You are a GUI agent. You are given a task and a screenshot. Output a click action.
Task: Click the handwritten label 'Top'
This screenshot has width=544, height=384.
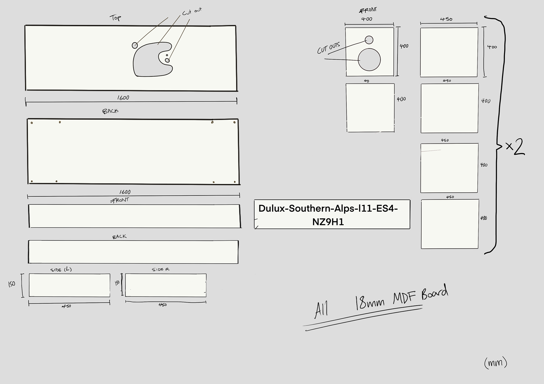115,18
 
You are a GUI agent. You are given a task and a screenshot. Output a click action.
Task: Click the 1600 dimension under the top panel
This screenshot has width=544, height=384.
123,98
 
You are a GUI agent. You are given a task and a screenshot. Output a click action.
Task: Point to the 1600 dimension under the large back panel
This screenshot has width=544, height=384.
125,192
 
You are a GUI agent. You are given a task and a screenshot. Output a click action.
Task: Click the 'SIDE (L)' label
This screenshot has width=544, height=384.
61,269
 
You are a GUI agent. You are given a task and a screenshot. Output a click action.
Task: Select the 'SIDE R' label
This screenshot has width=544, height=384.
160,269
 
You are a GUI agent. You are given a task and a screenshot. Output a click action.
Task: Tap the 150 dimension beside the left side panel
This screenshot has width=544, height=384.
12,284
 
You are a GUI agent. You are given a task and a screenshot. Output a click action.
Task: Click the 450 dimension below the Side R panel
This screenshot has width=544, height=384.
163,305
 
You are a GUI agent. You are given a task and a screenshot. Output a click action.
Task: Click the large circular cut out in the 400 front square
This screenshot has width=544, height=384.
369,59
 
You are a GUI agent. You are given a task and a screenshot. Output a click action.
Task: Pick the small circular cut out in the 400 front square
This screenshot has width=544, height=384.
369,40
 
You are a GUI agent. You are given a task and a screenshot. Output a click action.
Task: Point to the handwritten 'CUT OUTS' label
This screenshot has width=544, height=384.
328,48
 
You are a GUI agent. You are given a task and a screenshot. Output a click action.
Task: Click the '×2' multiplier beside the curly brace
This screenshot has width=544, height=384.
515,147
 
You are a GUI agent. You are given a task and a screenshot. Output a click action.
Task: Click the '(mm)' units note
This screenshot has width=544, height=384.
496,363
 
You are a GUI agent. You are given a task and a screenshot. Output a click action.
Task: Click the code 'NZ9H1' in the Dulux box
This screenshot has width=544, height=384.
328,222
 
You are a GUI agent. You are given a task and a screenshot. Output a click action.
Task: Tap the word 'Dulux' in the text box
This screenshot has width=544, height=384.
272,209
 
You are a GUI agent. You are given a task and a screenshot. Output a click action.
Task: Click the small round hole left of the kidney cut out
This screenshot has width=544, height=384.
135,45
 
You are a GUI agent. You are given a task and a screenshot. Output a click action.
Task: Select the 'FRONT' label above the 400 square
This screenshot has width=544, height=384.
368,10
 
